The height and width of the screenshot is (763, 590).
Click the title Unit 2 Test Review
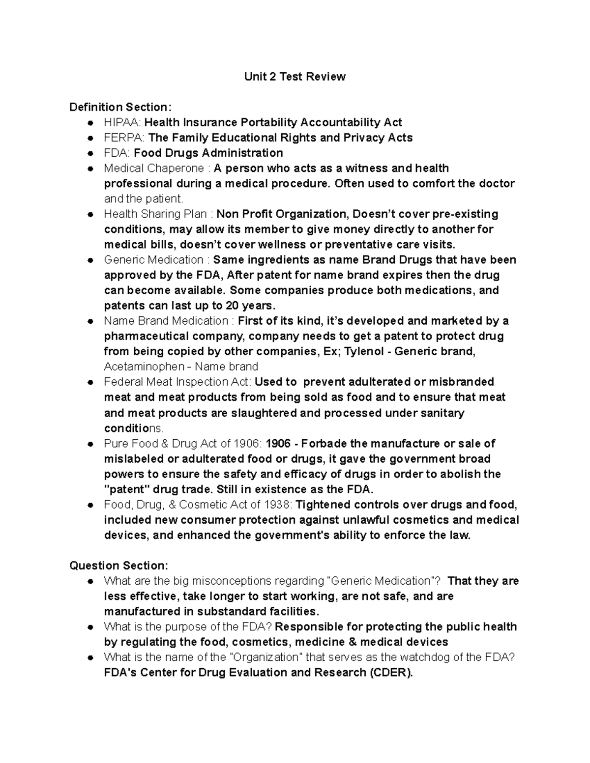(295, 77)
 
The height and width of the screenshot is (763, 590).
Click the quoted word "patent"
(127, 489)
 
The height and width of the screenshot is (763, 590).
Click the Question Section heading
(118, 565)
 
